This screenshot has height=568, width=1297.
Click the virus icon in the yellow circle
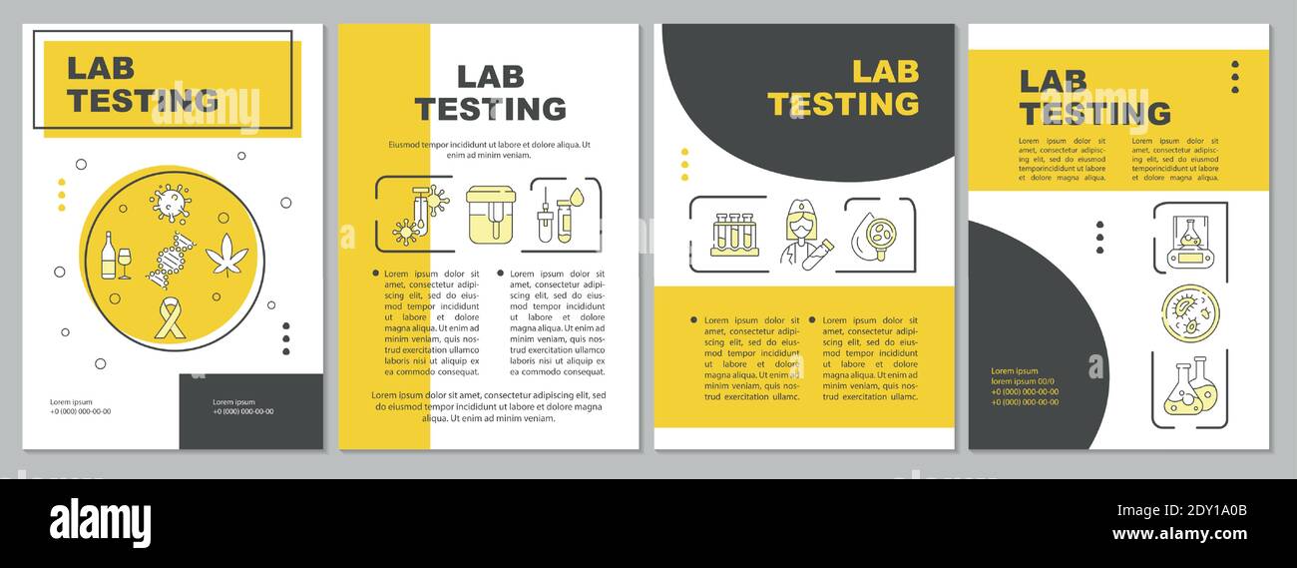pyautogui.click(x=170, y=202)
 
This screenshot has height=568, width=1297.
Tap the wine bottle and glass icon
pyautogui.click(x=115, y=257)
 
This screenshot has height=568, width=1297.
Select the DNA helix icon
pyautogui.click(x=171, y=260)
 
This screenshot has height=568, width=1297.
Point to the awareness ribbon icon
pyautogui.click(x=171, y=318)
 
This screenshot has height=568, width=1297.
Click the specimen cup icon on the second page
pyautogui.click(x=490, y=214)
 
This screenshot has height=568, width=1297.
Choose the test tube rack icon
pyautogui.click(x=735, y=235)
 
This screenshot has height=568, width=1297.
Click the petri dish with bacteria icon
pyautogui.click(x=1189, y=313)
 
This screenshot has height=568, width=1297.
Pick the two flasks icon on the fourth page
pyautogui.click(x=1189, y=387)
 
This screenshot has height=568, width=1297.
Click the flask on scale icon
pyautogui.click(x=1189, y=239)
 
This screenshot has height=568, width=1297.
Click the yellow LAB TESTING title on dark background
pyautogui.click(x=843, y=88)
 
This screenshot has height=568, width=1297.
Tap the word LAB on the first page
pyautogui.click(x=100, y=68)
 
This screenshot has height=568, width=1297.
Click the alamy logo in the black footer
pyautogui.click(x=100, y=523)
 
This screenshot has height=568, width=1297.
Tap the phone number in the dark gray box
pyautogui.click(x=242, y=411)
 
